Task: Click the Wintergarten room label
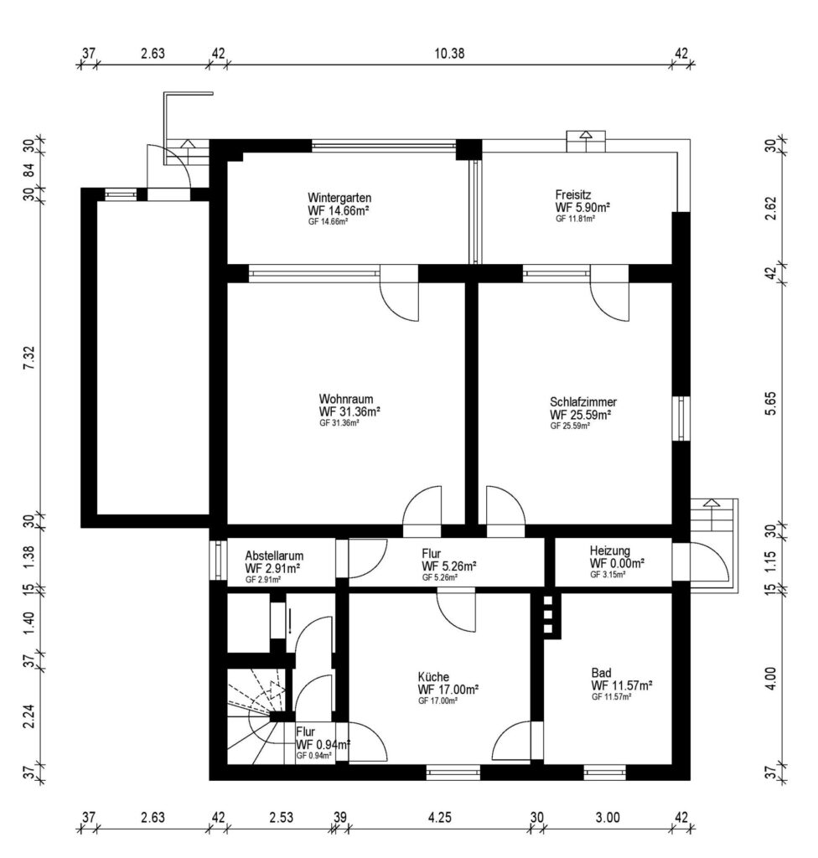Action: click(x=339, y=198)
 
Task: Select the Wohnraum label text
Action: click(x=346, y=399)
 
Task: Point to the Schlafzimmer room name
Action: click(x=583, y=401)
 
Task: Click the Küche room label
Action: click(x=433, y=677)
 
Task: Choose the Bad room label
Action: click(x=601, y=673)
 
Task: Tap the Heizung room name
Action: click(x=609, y=551)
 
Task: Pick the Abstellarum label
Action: click(x=274, y=556)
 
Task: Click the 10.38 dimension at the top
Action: click(x=449, y=53)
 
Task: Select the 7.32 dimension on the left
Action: click(x=29, y=357)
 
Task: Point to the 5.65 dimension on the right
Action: click(x=770, y=403)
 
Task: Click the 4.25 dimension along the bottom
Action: click(x=439, y=818)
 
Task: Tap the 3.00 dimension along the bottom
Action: click(x=608, y=818)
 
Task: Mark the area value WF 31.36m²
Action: click(x=349, y=411)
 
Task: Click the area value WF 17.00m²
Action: click(x=448, y=690)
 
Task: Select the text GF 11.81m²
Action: click(x=576, y=219)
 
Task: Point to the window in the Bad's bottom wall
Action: click(x=604, y=773)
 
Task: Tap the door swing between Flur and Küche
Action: click(x=457, y=610)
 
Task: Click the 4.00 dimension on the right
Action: click(x=770, y=679)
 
